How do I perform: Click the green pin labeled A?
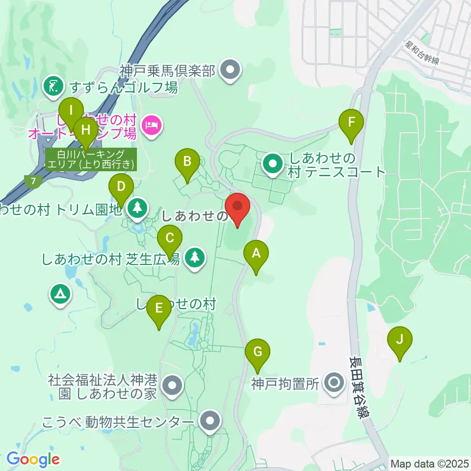click(256, 254)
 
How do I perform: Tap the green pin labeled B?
click(187, 161)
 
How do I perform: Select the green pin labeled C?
click(170, 239)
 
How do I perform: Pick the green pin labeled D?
click(121, 187)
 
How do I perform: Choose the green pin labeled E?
click(158, 308)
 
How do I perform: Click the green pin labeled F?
click(351, 122)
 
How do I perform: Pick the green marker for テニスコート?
click(272, 165)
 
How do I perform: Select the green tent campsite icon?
click(60, 294)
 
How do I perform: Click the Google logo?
click(33, 459)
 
